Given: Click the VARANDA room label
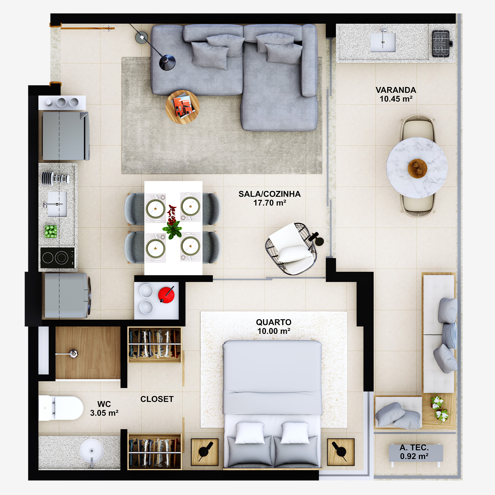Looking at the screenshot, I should click(x=396, y=94).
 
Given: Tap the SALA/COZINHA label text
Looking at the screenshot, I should click(x=269, y=198).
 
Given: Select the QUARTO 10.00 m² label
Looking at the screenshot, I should click(x=274, y=326).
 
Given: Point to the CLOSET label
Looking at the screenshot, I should click(x=157, y=399).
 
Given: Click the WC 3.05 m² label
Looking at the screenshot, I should click(x=104, y=408).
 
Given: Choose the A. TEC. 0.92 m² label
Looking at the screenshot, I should click(x=414, y=452).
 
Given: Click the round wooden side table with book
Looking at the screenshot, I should click(x=182, y=107).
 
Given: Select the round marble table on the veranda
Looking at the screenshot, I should click(x=417, y=168).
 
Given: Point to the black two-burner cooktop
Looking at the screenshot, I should click(x=58, y=257).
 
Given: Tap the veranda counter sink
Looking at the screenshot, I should click(x=383, y=42).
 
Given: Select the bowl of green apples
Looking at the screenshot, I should click(x=51, y=231).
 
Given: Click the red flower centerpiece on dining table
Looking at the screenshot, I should click(x=172, y=222).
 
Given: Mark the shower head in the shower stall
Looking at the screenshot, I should click(x=73, y=353).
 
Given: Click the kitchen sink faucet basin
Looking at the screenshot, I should click(x=57, y=204).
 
